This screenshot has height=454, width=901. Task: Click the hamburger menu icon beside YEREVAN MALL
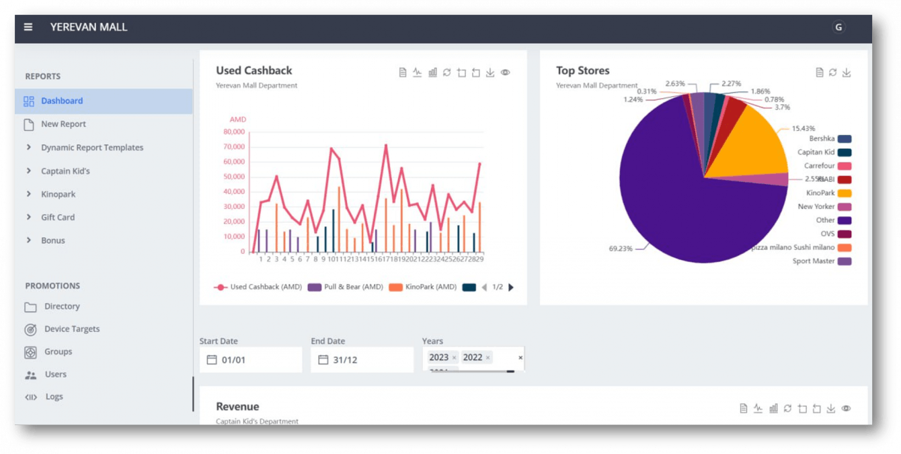28,28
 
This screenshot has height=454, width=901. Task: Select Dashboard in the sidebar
62,101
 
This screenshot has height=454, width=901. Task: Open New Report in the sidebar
63,124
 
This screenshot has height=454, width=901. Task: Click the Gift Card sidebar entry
58,217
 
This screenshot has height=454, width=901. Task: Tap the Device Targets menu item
71,329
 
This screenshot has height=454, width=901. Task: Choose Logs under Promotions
54,397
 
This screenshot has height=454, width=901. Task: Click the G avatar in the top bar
838,28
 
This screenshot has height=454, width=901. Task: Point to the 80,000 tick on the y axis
234,132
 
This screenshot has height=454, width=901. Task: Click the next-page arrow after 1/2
511,287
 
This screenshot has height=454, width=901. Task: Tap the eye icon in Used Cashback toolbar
505,73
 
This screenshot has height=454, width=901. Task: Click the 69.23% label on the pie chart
621,248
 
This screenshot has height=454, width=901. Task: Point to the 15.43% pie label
803,128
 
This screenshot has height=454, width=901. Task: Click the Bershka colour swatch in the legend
845,139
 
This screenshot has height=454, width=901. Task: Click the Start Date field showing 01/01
251,360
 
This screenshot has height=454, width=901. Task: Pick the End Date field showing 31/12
362,360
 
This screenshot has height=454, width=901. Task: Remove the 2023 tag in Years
454,358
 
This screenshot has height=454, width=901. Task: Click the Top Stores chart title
582,71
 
